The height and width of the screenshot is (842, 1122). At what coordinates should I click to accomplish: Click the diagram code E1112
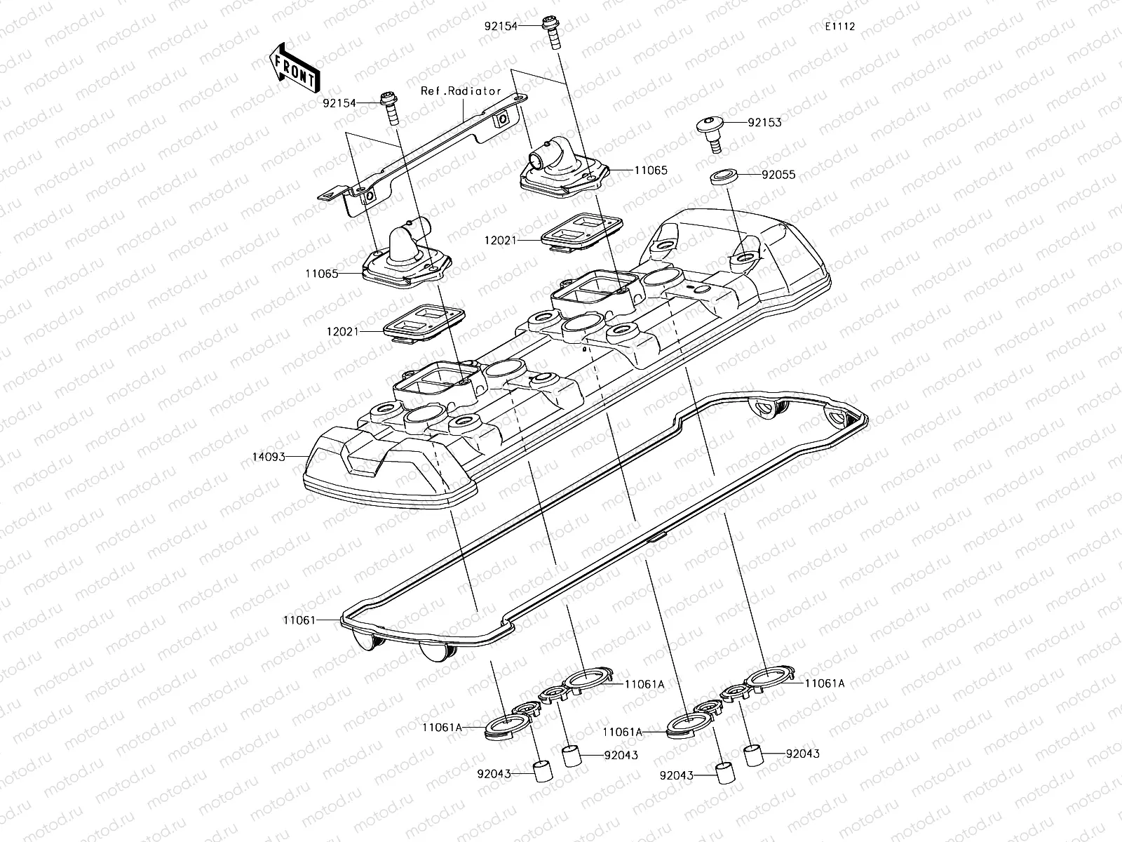(x=839, y=27)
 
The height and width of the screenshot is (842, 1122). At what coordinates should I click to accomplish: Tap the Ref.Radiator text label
(x=461, y=91)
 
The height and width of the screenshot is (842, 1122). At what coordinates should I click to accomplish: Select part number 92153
(x=764, y=122)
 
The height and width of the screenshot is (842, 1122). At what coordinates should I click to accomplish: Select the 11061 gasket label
(x=299, y=620)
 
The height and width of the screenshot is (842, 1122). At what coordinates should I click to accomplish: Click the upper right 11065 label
(x=651, y=171)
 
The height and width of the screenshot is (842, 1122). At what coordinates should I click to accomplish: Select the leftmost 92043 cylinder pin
(x=541, y=770)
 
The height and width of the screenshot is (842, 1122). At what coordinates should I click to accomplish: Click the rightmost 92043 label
(x=802, y=754)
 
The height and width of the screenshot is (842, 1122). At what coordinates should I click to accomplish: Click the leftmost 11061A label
(x=442, y=728)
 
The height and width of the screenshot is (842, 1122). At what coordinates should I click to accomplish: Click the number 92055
(x=779, y=175)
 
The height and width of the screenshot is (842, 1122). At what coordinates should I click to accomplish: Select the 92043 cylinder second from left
(x=569, y=756)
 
